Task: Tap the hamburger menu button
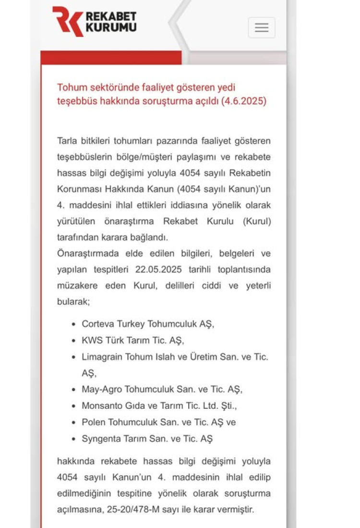point(262,27)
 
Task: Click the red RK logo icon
point(67,21)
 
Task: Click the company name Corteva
point(98,324)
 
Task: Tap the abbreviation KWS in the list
point(91,341)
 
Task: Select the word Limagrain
point(102,357)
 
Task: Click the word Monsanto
point(100,406)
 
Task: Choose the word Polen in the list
point(92,422)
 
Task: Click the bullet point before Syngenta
point(73,439)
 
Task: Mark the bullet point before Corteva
point(73,325)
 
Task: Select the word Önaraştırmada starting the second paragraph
point(86,253)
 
